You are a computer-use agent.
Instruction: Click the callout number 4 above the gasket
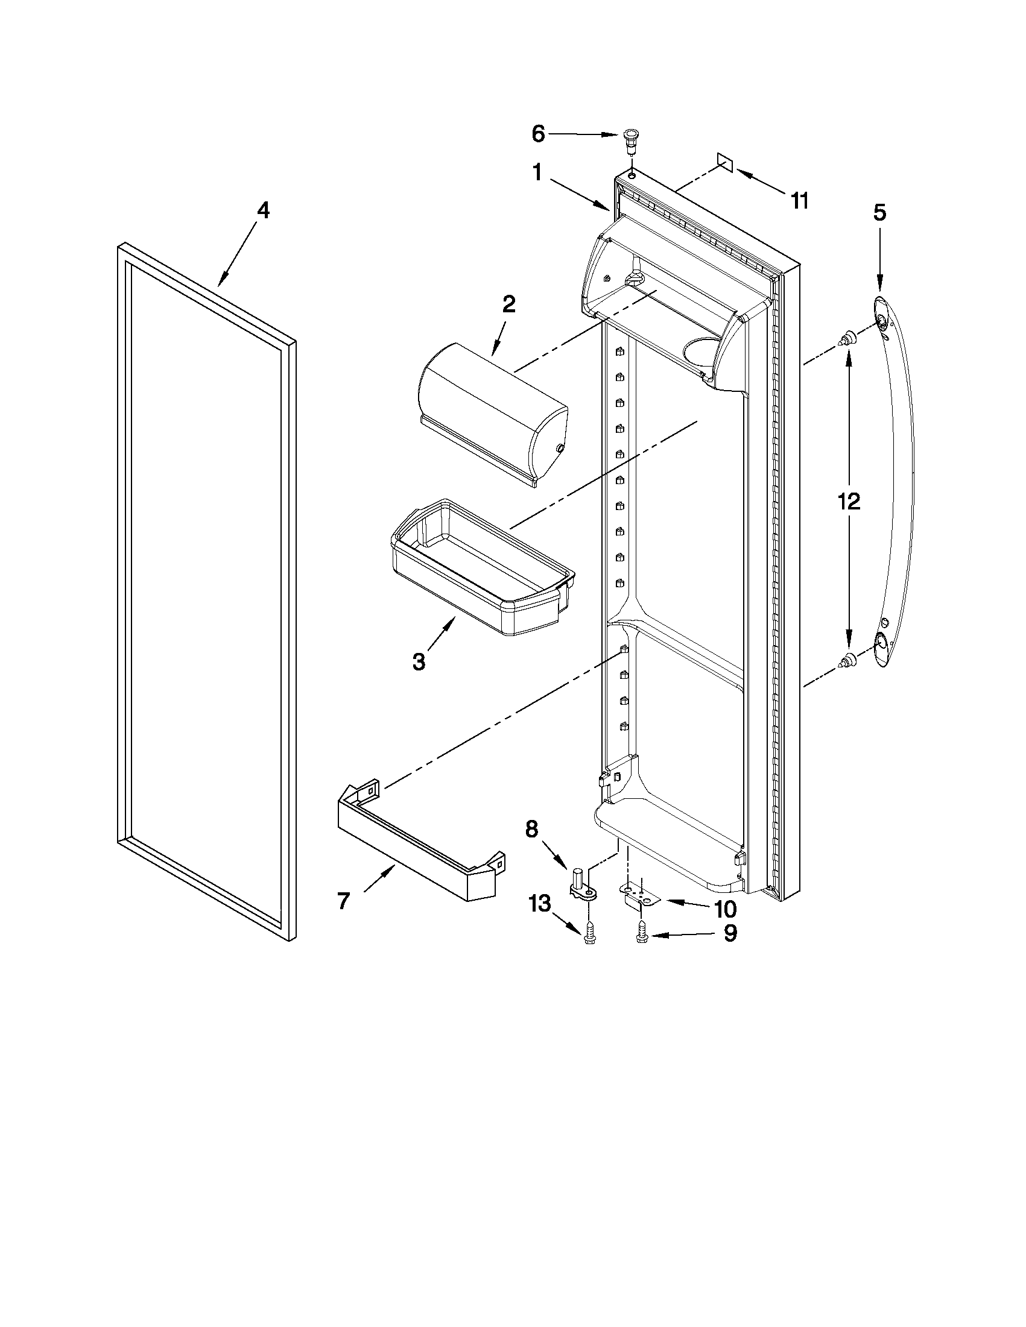click(262, 211)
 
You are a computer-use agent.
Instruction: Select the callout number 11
click(800, 200)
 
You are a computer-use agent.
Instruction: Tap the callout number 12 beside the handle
click(849, 501)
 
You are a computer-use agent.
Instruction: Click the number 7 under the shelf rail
click(343, 901)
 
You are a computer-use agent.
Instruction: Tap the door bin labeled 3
click(480, 571)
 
